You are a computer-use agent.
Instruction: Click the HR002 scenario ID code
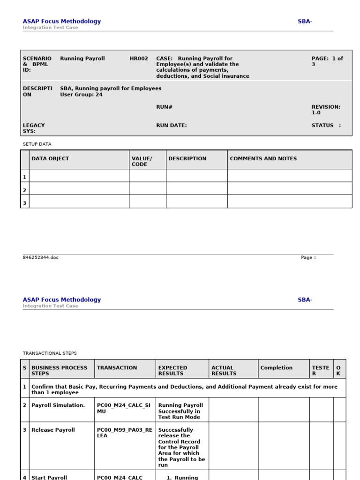(139, 59)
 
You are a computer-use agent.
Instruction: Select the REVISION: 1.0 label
(326, 110)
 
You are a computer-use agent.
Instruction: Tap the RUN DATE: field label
(172, 125)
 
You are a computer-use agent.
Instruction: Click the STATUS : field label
(326, 125)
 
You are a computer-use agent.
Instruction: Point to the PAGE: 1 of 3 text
(327, 61)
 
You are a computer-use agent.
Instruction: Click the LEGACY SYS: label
(34, 128)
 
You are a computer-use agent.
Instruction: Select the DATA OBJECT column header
(50, 159)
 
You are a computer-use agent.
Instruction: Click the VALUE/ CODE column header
(142, 161)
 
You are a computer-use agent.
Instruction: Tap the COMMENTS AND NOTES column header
(263, 159)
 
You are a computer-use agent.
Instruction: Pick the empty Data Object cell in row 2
(79, 188)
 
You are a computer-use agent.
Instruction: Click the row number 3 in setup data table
(25, 203)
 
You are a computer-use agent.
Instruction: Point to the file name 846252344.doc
(41, 258)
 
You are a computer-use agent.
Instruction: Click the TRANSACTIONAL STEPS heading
(50, 353)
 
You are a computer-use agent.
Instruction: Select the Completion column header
(276, 368)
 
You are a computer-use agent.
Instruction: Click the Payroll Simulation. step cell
(58, 405)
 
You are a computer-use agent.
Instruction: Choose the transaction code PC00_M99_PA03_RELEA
(124, 433)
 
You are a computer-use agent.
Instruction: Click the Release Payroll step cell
(53, 430)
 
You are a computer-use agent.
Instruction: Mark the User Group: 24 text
(81, 95)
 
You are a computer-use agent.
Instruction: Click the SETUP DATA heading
(37, 144)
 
